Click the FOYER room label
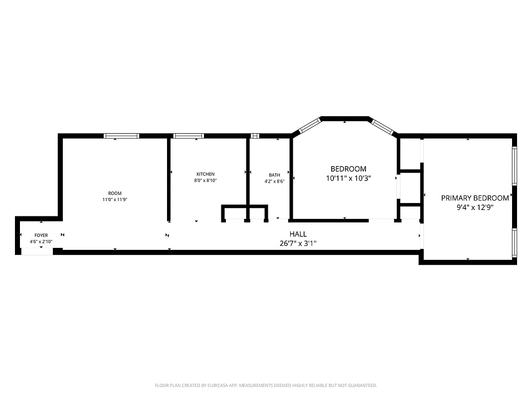(x=41, y=235)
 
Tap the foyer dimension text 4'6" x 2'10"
(x=41, y=241)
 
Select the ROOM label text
(x=115, y=193)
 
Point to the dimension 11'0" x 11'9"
(x=115, y=199)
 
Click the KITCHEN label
(x=205, y=174)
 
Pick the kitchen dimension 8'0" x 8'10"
(x=205, y=181)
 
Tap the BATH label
(x=274, y=175)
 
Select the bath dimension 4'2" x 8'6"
(x=274, y=182)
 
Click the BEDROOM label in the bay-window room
(x=349, y=169)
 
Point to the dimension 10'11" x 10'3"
(x=349, y=178)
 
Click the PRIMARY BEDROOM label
(x=475, y=198)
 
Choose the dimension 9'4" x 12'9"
(x=475, y=207)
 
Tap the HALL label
(x=298, y=234)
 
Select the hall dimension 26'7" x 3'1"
(x=298, y=243)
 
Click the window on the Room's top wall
(x=121, y=136)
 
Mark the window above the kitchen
(x=188, y=136)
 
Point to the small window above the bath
(x=255, y=136)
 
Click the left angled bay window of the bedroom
(x=309, y=125)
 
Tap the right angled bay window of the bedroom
(x=383, y=126)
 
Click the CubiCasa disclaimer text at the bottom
(x=266, y=386)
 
